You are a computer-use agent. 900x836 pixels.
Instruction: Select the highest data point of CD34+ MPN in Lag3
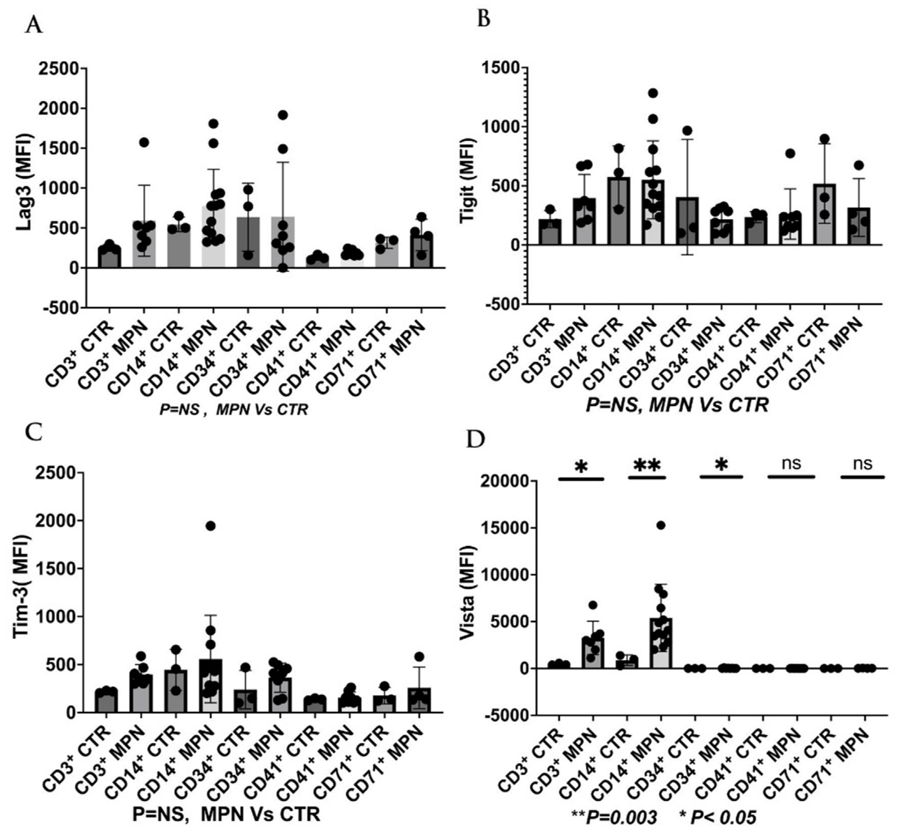click(283, 114)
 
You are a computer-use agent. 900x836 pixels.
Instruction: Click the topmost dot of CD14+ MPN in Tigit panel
click(653, 93)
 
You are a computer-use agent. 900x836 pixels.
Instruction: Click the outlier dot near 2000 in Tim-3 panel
click(211, 526)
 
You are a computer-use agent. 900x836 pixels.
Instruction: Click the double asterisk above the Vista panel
click(647, 465)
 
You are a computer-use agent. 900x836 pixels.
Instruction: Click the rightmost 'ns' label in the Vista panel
click(862, 464)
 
